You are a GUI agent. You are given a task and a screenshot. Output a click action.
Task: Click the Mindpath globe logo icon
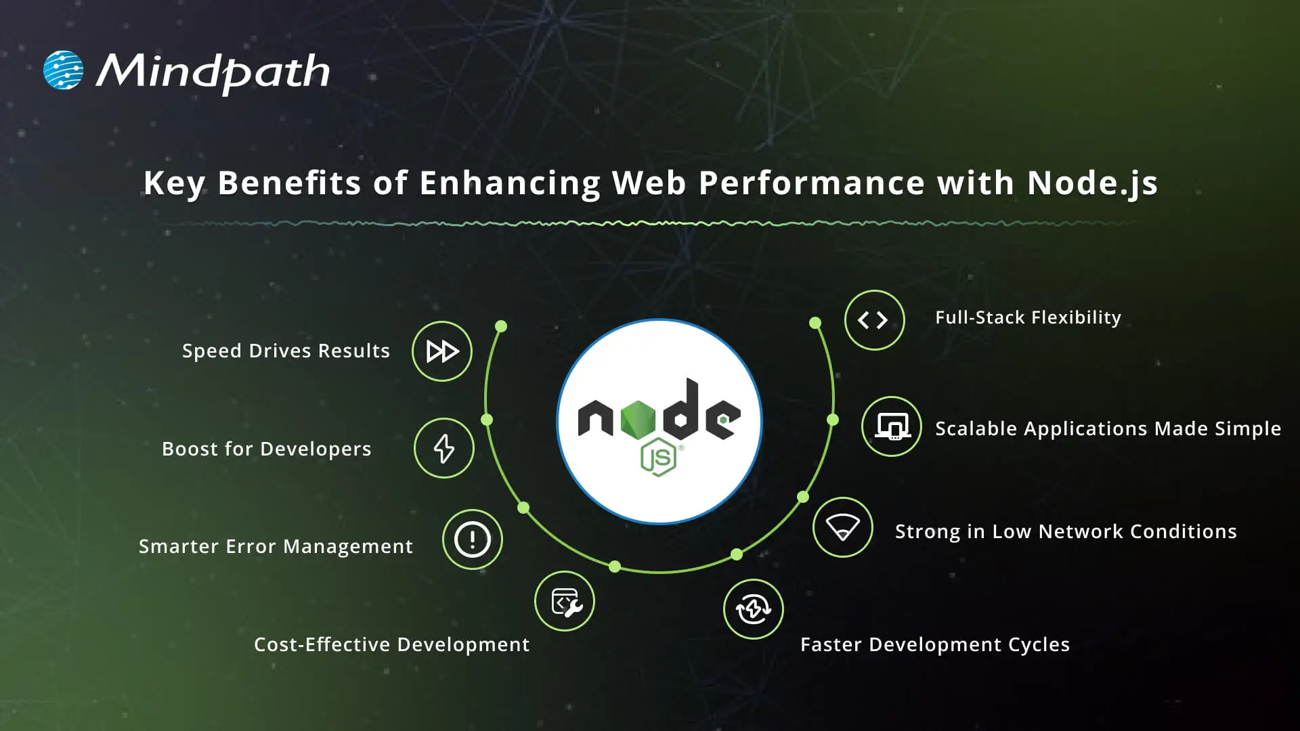63,70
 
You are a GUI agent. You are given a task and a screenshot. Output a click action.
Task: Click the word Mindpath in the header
213,72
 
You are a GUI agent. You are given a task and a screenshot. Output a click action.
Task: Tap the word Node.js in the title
1091,183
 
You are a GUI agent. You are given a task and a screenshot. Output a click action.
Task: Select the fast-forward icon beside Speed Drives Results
442,351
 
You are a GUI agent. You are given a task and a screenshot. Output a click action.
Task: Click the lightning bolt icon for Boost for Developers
444,448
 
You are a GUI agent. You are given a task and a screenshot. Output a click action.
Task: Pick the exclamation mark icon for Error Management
473,539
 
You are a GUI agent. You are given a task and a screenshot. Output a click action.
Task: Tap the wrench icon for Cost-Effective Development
565,601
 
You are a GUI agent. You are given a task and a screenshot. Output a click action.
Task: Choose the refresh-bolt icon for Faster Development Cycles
753,609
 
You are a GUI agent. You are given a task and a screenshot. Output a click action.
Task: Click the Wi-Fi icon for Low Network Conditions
842,527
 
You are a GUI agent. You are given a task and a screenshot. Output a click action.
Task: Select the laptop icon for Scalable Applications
892,426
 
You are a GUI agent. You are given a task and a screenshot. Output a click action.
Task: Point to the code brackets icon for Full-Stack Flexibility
874,320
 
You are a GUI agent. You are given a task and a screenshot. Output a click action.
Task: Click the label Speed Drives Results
286,351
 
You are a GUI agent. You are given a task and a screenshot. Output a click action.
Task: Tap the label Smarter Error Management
276,546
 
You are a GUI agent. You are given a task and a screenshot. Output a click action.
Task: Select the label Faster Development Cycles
935,644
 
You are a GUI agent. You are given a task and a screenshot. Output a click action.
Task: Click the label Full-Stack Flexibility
1028,317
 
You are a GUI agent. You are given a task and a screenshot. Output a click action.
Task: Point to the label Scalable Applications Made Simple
1108,428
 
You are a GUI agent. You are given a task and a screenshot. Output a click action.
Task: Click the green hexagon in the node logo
638,419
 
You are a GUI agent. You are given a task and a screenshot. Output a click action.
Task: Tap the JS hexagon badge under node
658,458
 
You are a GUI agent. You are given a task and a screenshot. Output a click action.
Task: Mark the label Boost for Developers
267,449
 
